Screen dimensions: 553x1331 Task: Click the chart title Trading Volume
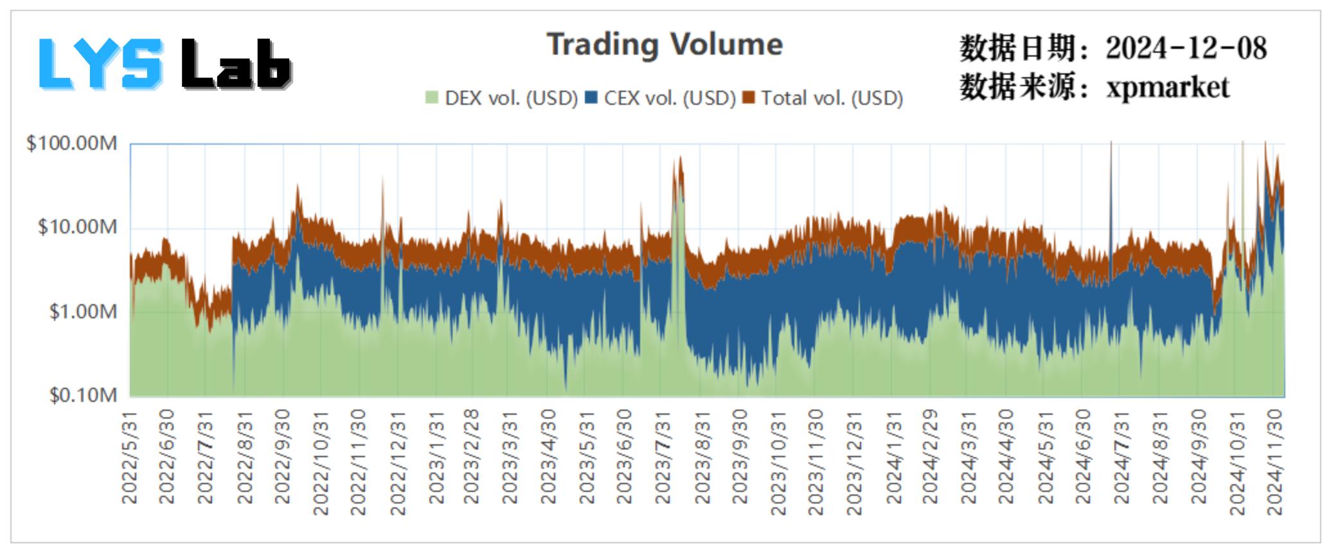pos(665,45)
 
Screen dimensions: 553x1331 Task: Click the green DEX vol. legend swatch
pos(432,98)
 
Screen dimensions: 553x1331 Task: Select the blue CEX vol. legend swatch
pos(591,98)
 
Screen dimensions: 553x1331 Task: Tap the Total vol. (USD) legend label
pos(832,98)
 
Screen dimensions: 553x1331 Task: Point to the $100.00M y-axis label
pos(71,143)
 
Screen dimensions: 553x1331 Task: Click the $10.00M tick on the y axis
pos(77,227)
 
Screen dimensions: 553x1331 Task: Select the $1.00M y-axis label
pos(83,312)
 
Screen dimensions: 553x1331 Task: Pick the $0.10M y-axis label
pos(83,395)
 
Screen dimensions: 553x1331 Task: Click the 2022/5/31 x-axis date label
pos(130,458)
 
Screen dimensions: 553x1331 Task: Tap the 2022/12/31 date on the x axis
pos(398,463)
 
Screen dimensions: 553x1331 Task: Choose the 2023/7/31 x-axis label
pos(663,458)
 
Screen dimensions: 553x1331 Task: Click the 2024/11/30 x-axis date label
pos(1274,463)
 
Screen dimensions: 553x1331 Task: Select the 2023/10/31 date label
pos(778,463)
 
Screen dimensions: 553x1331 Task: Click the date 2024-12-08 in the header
pos(1186,48)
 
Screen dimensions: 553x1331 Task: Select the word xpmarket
pos(1167,87)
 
